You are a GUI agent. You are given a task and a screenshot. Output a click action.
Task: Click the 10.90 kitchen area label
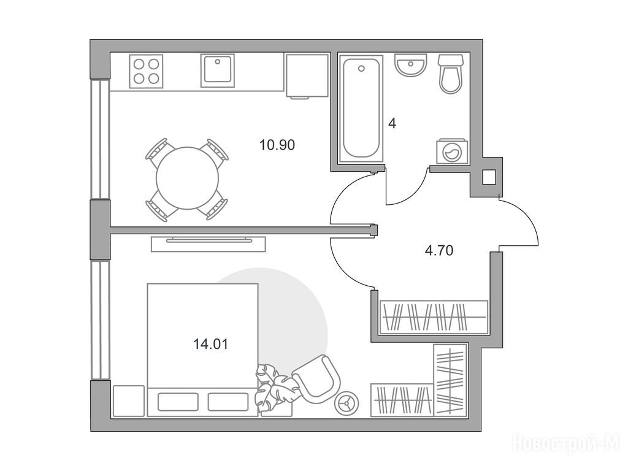tap(277, 145)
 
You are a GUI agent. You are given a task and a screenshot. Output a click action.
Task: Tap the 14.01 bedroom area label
tap(211, 344)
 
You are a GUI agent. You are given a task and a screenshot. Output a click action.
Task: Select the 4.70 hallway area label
tap(439, 251)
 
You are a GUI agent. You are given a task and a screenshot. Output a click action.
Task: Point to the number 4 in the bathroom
tap(392, 123)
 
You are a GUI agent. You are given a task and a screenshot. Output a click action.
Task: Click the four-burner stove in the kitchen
tap(146, 71)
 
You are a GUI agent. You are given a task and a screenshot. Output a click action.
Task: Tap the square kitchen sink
tap(218, 71)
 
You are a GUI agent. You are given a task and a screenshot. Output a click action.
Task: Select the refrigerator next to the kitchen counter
tap(307, 76)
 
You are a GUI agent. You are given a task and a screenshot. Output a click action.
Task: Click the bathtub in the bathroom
tap(361, 109)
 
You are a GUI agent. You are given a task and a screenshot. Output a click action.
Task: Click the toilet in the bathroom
tap(451, 74)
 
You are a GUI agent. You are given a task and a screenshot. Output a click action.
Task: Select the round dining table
tap(188, 178)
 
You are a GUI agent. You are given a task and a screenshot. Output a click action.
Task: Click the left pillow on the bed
tap(178, 402)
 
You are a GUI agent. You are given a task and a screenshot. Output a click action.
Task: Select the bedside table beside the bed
tap(129, 401)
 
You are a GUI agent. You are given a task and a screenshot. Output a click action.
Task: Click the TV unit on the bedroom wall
tap(209, 244)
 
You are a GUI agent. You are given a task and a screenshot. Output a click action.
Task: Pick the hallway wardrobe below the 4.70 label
tap(434, 317)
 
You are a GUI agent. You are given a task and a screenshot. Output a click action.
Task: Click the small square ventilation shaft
tap(489, 177)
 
